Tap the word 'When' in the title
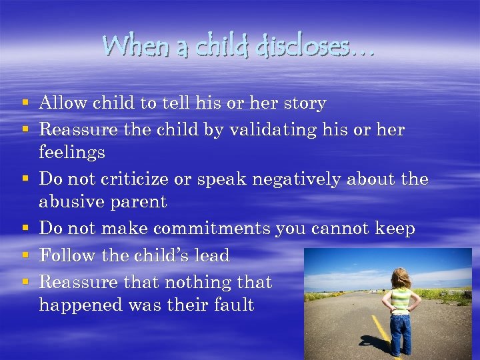click(130, 47)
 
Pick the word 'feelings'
click(72, 153)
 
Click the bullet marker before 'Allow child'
click(25, 104)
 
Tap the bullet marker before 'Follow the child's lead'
click(25, 255)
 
